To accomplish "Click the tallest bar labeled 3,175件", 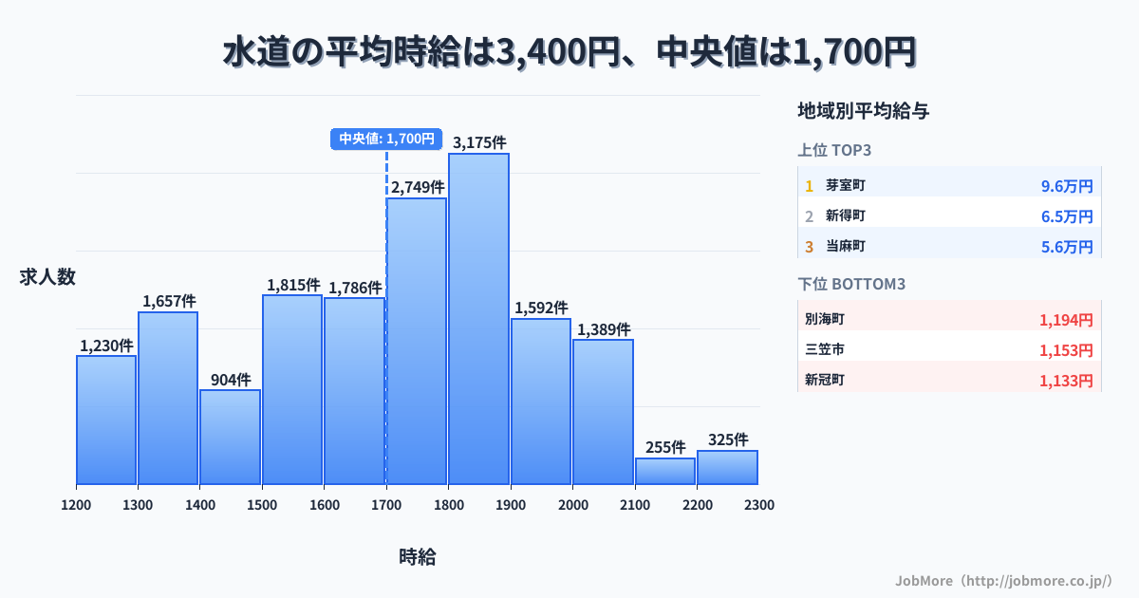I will pos(478,318).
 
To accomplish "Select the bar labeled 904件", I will pos(230,437).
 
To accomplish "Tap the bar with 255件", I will pos(664,471).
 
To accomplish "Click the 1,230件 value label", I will pos(106,346).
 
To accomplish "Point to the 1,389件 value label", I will pos(603,329).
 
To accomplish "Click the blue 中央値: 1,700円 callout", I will pos(386,139).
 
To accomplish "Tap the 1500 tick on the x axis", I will pos(262,505).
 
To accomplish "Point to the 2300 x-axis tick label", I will pos(758,505).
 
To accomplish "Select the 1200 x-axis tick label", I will pos(76,505).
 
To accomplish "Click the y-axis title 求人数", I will pos(47,277).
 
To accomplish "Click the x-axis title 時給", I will pos(418,557).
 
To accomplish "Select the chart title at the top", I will pos(569,52).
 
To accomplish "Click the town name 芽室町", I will pos(845,186).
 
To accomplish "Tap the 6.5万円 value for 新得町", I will pos(1067,216).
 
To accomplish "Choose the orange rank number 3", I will pos(809,247).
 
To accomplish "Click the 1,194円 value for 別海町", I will pos(1066,320).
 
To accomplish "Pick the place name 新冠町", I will pos(825,381).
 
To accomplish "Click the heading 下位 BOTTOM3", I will pos(847,284).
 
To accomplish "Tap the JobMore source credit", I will pos(1003,580).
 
